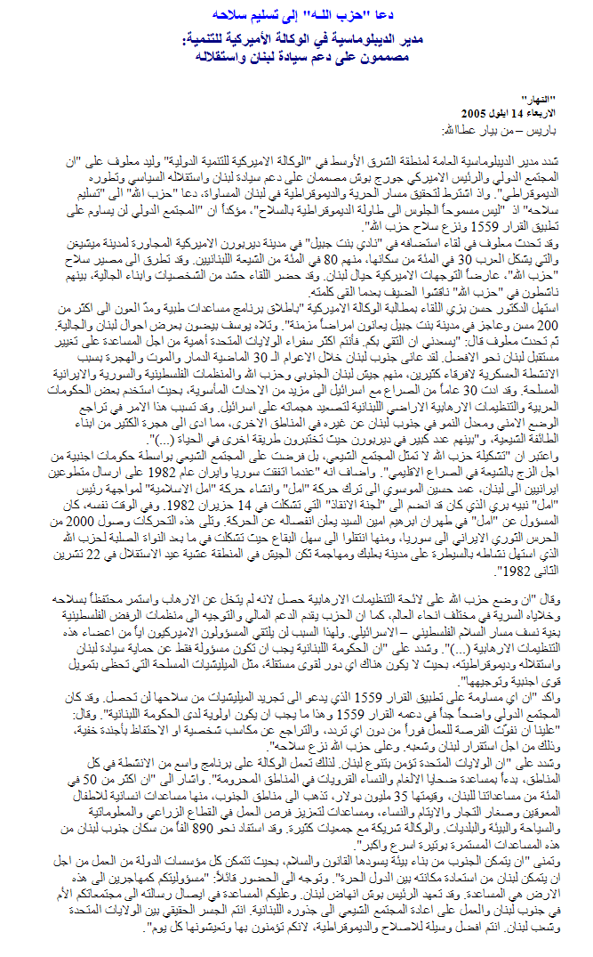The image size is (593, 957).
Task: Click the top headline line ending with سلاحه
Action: pyautogui.click(x=294, y=16)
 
